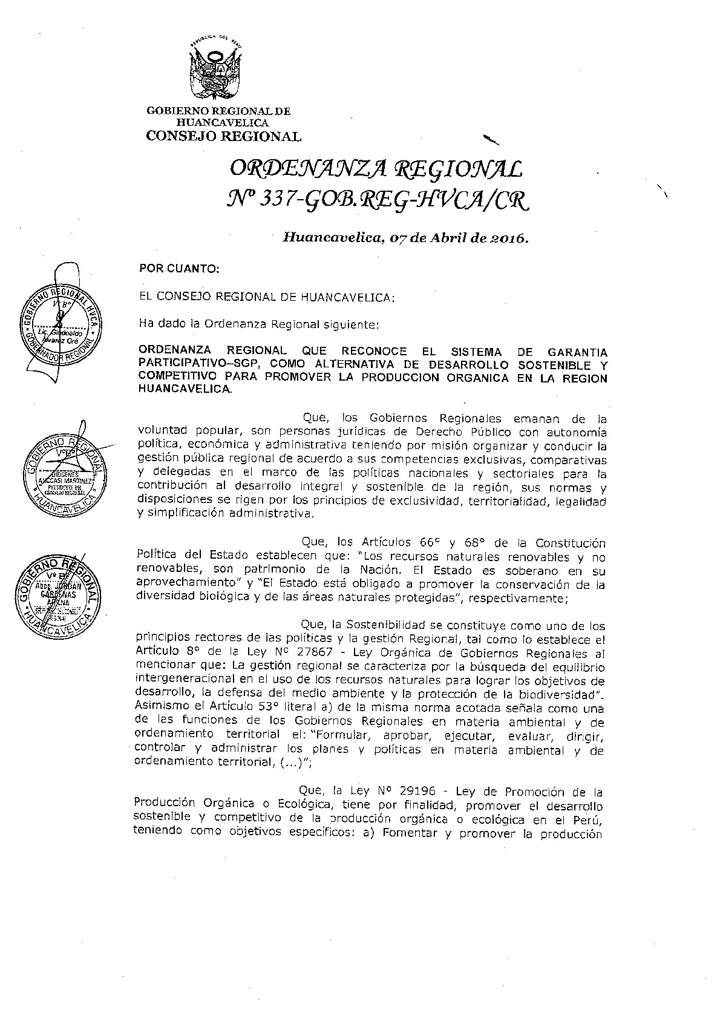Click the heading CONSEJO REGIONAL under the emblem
pos(223,136)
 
